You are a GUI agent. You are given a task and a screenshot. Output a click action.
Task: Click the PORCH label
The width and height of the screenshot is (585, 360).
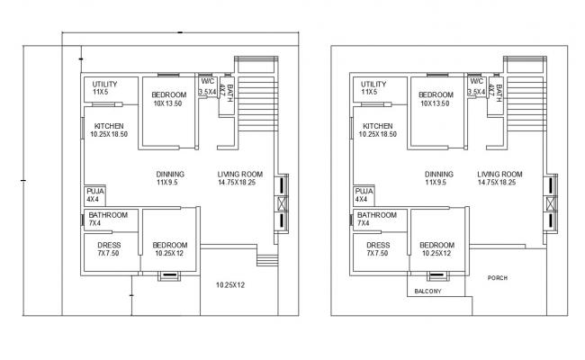(499, 278)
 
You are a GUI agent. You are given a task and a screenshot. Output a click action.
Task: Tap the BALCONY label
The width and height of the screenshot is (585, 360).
(428, 292)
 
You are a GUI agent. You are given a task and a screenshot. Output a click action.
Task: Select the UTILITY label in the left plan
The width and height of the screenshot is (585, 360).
(105, 85)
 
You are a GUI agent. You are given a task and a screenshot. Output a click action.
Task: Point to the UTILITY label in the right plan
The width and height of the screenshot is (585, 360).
(373, 85)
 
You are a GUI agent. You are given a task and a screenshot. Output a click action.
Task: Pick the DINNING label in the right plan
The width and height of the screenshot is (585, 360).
(439, 175)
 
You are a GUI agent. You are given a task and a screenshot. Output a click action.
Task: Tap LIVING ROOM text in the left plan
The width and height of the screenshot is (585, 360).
(240, 175)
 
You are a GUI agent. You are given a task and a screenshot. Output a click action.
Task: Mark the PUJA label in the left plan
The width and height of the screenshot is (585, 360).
(95, 192)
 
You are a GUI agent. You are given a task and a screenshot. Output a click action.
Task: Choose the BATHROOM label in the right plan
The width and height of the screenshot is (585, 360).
(376, 215)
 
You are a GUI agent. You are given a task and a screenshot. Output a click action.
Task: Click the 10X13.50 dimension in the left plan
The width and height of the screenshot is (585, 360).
(169, 103)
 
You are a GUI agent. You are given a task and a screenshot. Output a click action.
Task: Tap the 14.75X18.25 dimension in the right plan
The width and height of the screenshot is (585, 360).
(500, 183)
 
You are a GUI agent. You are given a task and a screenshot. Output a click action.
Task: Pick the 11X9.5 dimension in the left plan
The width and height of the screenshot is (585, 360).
(170, 183)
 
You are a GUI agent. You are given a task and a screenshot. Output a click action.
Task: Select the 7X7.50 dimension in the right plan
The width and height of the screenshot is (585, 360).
(378, 253)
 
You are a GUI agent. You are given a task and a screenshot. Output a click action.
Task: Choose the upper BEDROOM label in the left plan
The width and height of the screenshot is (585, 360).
(169, 95)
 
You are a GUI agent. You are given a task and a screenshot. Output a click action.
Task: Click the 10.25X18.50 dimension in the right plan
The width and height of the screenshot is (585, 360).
(378, 134)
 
